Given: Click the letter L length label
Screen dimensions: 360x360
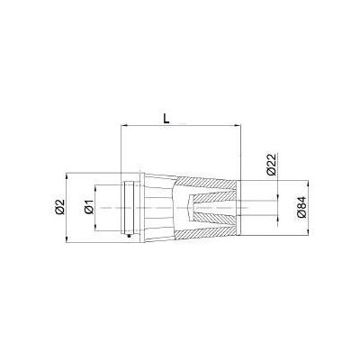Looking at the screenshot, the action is tap(166, 118).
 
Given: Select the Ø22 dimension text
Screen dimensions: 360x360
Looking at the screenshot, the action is tap(272, 165).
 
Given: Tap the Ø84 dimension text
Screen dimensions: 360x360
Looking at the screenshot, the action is tap(301, 207).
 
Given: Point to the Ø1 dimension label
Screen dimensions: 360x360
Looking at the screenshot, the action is tap(89, 207).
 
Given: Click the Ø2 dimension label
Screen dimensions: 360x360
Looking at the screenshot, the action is tap(60, 207).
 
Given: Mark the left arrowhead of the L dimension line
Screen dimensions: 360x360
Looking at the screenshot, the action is tap(122, 124).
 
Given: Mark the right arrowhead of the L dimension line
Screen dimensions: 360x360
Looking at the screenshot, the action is tap(238, 124).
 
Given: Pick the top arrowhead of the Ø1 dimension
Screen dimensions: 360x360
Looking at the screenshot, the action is tap(95, 187).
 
